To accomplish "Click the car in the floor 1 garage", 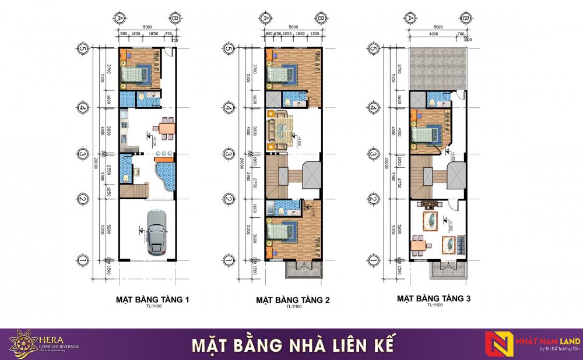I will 156,231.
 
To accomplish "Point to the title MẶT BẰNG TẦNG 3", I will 434,298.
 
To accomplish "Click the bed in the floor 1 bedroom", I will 138,74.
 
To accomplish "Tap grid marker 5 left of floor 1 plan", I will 83,50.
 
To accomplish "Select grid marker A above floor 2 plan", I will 266,18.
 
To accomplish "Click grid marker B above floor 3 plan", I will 464,18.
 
